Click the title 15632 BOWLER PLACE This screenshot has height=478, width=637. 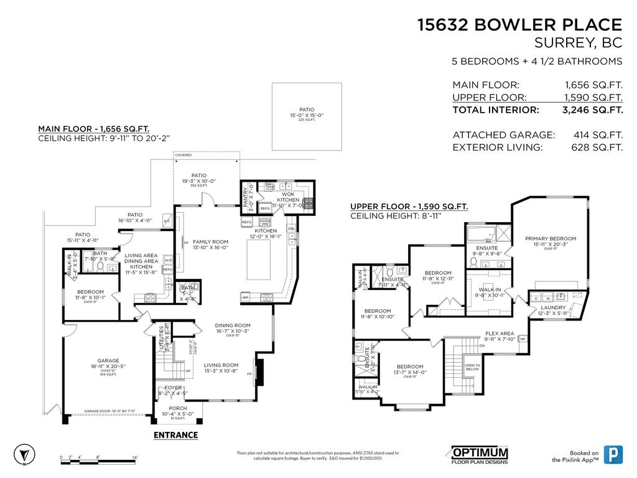519,25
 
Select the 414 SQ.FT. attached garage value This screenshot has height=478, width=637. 597,135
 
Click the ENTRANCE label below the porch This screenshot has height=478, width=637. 175,435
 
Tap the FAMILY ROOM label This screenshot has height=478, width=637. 210,241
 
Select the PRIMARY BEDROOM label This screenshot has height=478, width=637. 550,238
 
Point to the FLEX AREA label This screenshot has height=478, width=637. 500,334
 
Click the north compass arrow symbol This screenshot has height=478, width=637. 22,454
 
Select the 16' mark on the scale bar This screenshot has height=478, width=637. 135,457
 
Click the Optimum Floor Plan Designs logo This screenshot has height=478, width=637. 479,456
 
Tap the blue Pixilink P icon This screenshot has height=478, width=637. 615,455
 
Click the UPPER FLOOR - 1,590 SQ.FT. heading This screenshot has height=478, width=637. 409,207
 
